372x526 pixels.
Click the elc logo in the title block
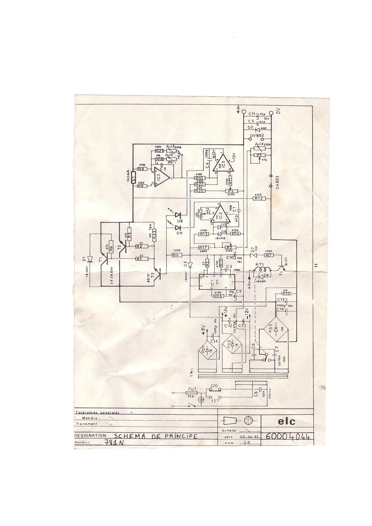pos(286,422)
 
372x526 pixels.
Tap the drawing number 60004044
pos(287,436)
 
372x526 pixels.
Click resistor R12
pos(258,198)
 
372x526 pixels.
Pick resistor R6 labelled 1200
pos(176,255)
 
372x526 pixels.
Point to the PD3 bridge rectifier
pos(275,329)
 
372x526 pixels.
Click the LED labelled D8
pos(178,215)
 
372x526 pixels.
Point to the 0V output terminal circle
pos(271,113)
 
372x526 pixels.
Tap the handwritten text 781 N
pos(114,443)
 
